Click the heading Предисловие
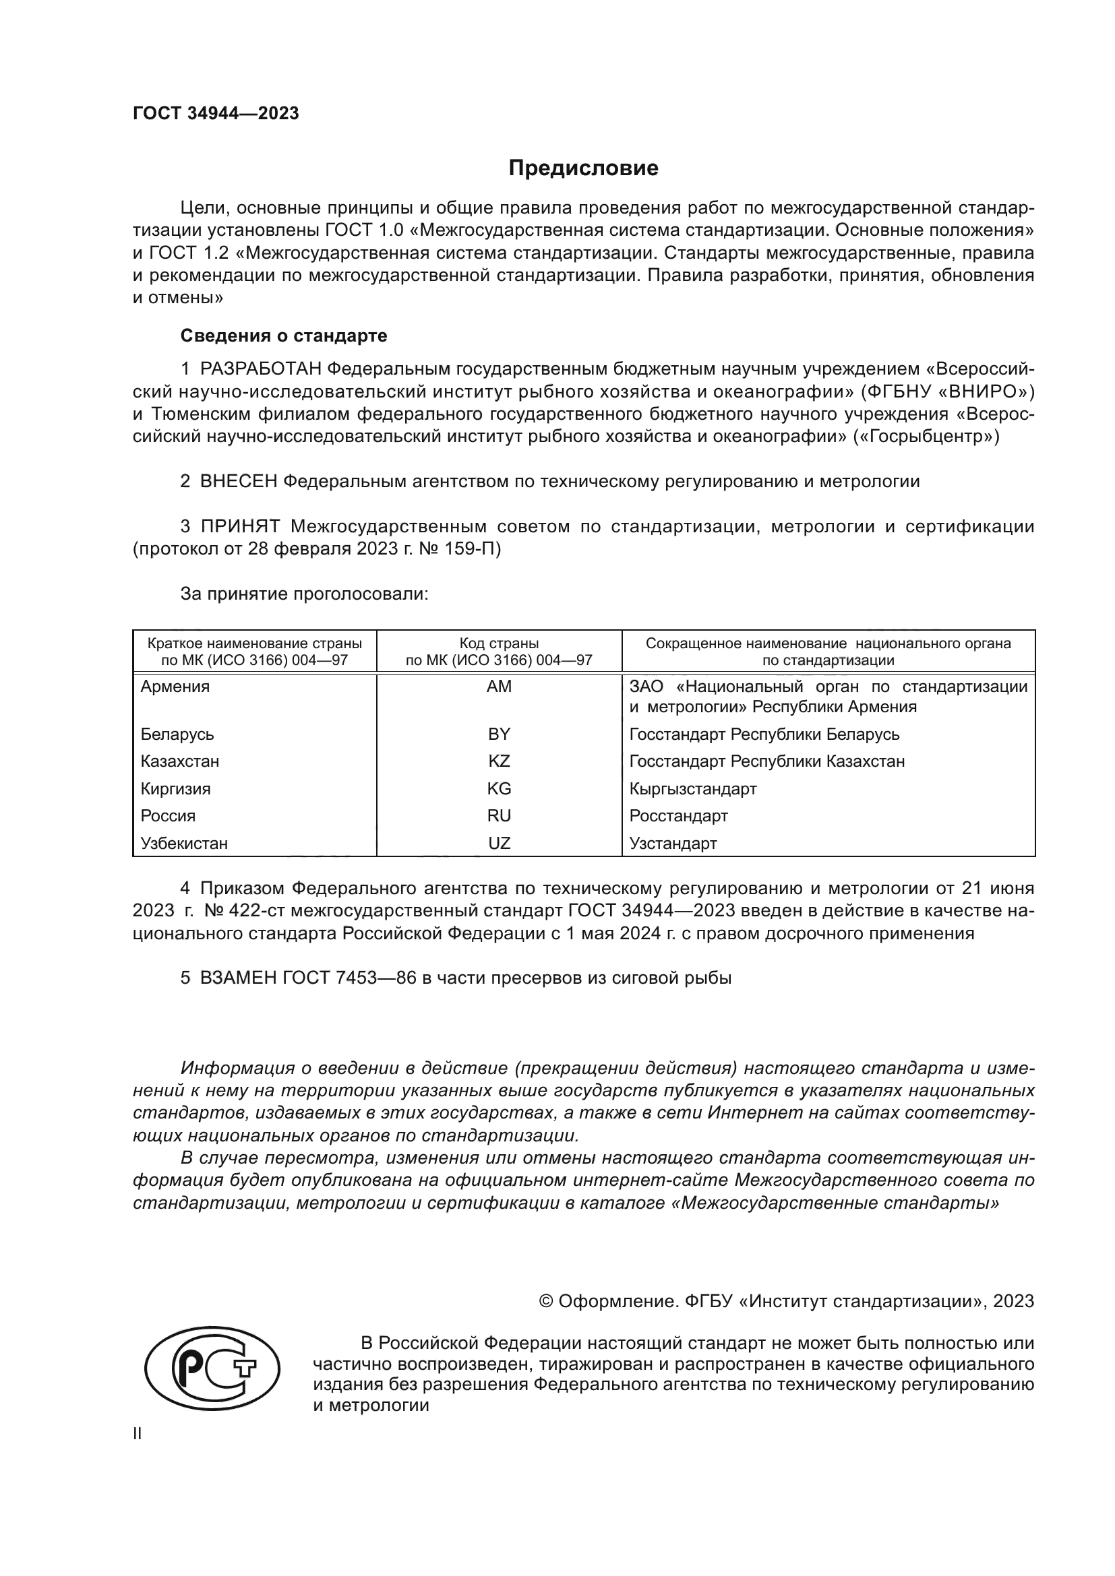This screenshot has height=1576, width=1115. tap(583, 168)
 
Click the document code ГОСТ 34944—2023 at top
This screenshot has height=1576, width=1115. tap(216, 113)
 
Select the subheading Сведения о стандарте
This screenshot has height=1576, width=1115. tap(284, 336)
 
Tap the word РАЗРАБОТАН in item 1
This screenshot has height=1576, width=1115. tap(260, 369)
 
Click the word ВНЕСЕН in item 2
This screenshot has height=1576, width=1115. tap(239, 481)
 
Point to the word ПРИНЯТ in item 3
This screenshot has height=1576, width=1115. tap(240, 526)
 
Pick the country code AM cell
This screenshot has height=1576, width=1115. tap(499, 687)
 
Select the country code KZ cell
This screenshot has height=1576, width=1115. tap(499, 761)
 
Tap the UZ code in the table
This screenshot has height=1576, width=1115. tap(499, 843)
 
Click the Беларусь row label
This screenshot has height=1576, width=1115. tap(177, 734)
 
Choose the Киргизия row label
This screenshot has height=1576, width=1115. tap(176, 789)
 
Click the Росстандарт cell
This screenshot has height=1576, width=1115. tap(678, 816)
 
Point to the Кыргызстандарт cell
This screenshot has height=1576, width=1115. tap(693, 789)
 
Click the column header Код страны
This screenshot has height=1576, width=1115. tap(499, 644)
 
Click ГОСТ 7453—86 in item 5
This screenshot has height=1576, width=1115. tap(349, 978)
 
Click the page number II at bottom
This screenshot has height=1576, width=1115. tap(138, 1434)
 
